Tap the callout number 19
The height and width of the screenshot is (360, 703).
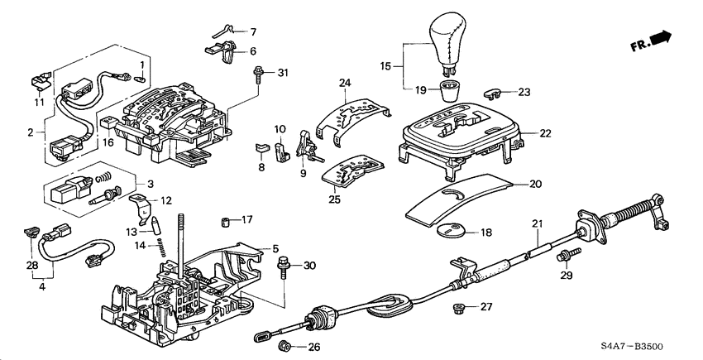[x=420, y=89]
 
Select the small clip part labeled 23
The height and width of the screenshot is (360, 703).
[x=494, y=94]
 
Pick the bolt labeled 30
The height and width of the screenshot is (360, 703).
[x=284, y=266]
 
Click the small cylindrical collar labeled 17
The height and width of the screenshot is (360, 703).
[x=223, y=221]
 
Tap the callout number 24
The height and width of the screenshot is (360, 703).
[x=345, y=82]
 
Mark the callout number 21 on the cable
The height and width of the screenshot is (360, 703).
[x=537, y=224]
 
